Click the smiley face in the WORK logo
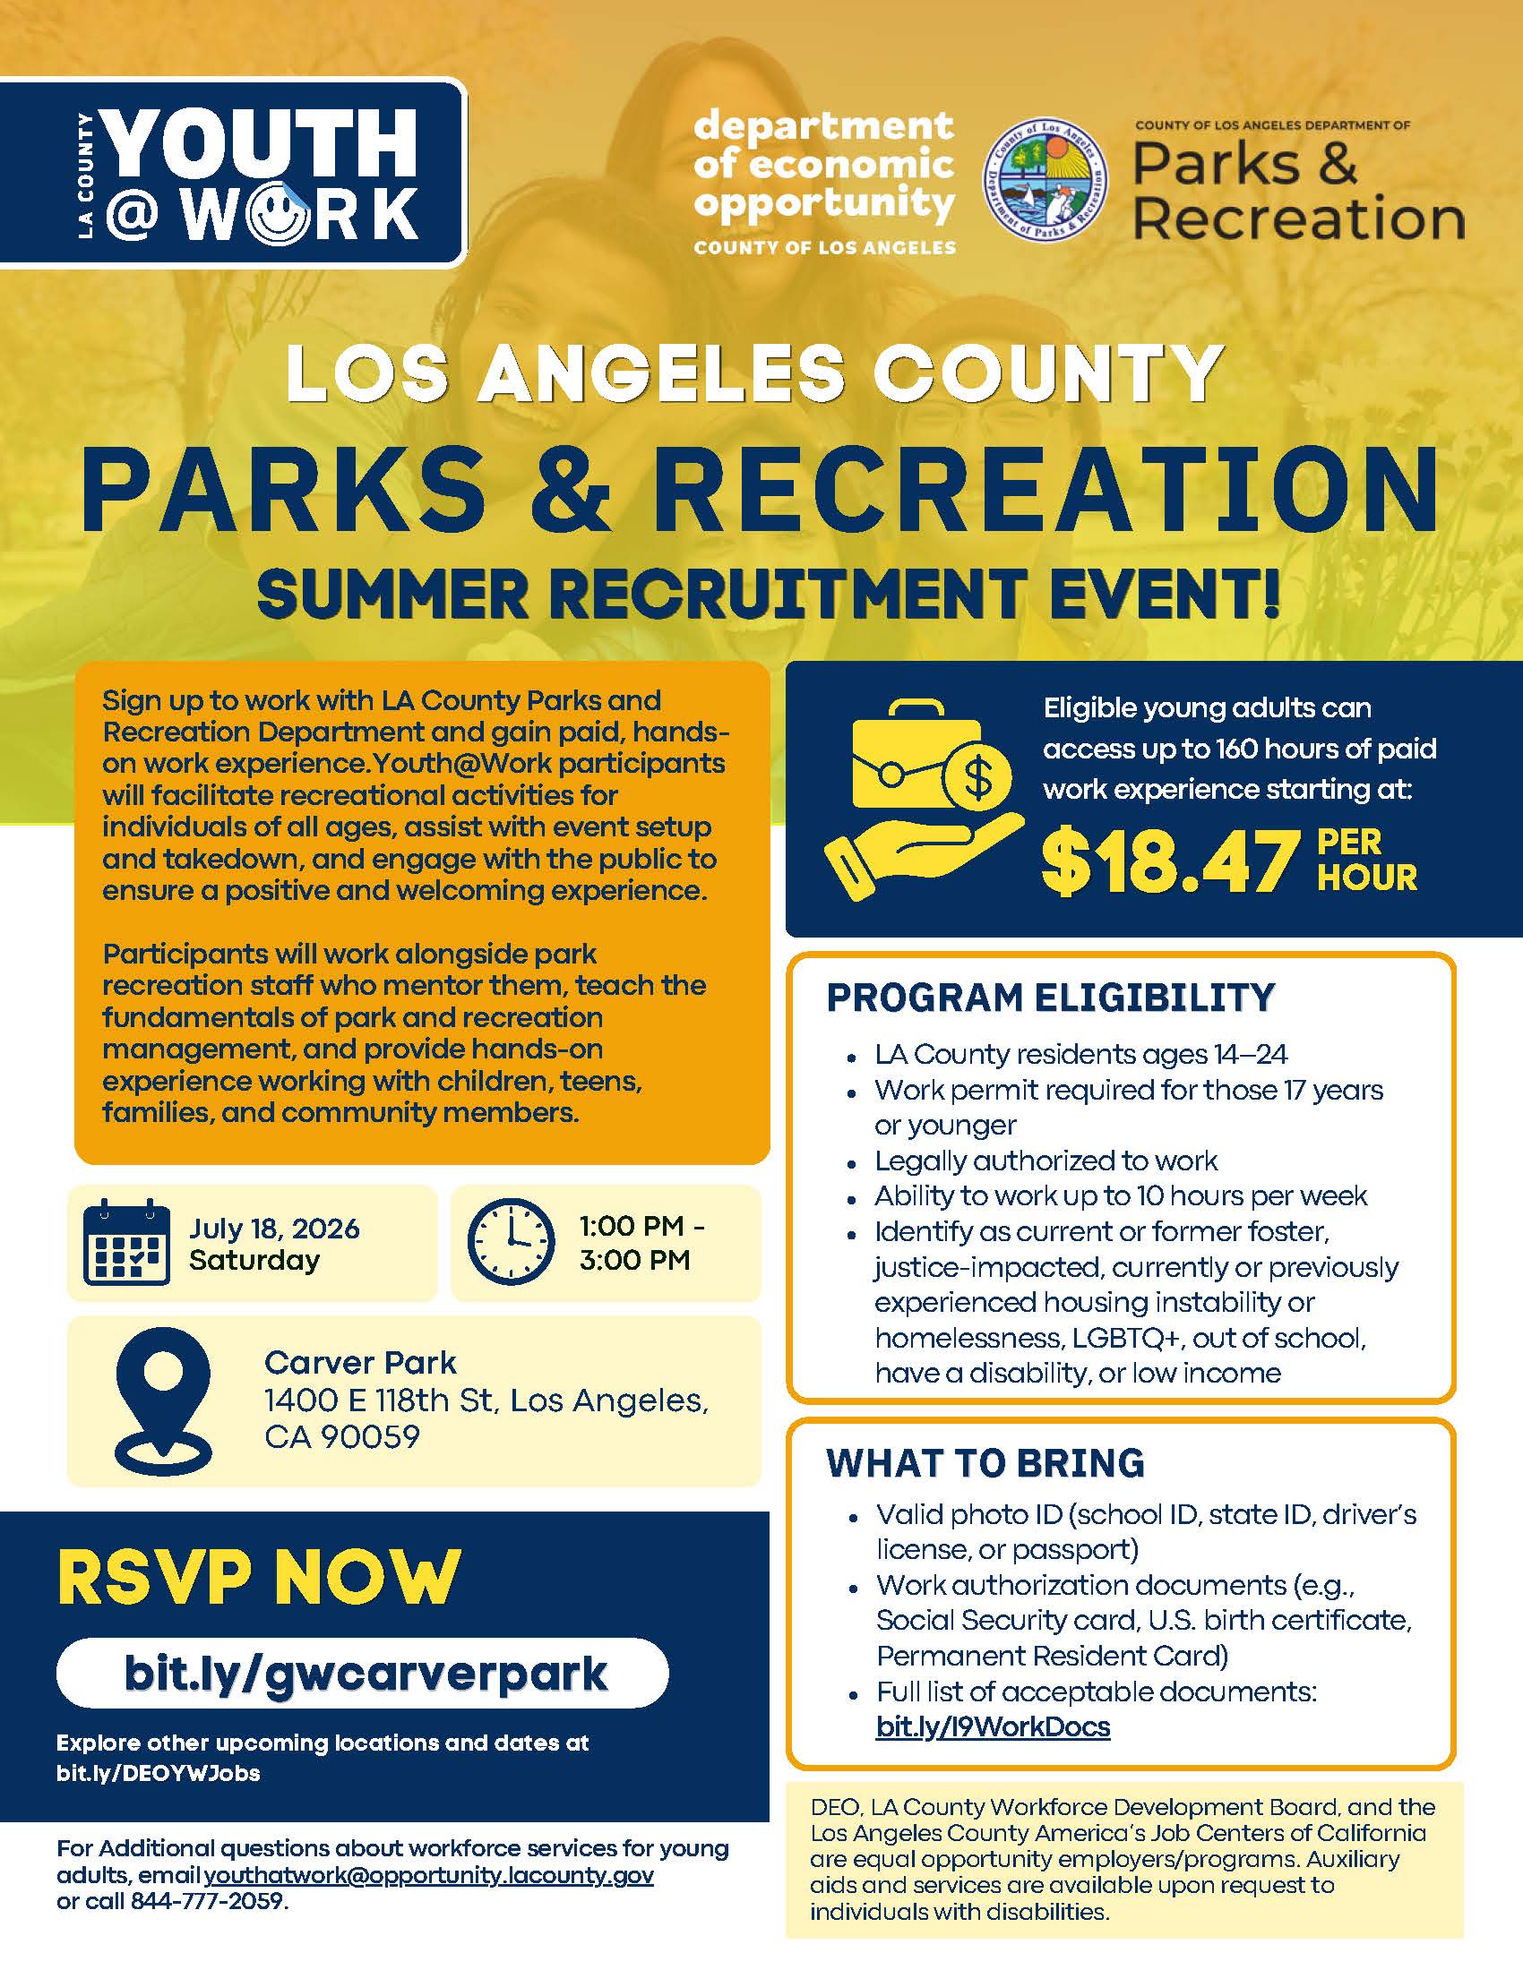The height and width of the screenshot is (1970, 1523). coord(275,215)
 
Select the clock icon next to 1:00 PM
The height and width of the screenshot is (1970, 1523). coord(511,1242)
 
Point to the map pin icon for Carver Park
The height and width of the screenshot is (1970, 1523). coord(163,1400)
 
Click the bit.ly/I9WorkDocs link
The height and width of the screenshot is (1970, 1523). coord(994,1726)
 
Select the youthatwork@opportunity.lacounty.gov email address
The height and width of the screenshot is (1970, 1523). coord(428,1875)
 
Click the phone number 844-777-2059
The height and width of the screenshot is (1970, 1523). coord(208,1901)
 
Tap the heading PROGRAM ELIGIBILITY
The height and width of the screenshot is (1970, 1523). coord(1051,998)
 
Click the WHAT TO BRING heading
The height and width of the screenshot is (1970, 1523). coord(985,1463)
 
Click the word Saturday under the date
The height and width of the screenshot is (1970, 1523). coord(254,1260)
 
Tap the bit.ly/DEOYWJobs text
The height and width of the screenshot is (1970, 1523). coord(158,1773)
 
